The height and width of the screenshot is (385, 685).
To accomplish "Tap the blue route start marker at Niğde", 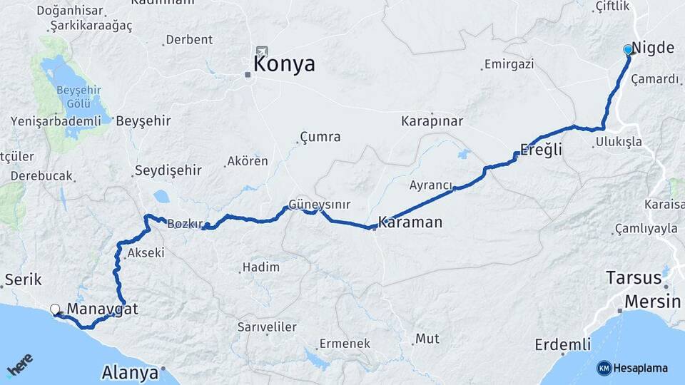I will click(x=628, y=49).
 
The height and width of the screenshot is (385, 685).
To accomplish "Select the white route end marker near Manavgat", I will click(x=55, y=309).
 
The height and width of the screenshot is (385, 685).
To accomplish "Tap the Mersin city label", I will click(x=651, y=302).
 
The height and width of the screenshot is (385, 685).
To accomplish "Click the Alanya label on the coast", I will click(x=130, y=372).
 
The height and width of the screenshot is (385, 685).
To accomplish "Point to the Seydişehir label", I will click(x=168, y=170).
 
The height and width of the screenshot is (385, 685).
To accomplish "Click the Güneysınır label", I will click(x=319, y=205).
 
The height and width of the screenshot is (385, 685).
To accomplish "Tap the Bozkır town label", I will click(x=183, y=225).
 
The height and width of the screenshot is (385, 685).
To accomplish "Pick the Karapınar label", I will click(x=432, y=120).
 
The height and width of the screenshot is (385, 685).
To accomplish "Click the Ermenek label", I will click(x=345, y=344).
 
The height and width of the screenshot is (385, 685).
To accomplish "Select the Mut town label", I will click(x=427, y=339).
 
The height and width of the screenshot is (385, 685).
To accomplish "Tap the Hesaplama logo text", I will click(x=640, y=369).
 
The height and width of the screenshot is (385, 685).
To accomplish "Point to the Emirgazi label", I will click(x=509, y=64).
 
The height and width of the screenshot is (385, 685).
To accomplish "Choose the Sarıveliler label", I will click(x=267, y=327).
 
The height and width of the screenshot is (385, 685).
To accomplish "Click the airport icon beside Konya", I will click(x=262, y=52).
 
